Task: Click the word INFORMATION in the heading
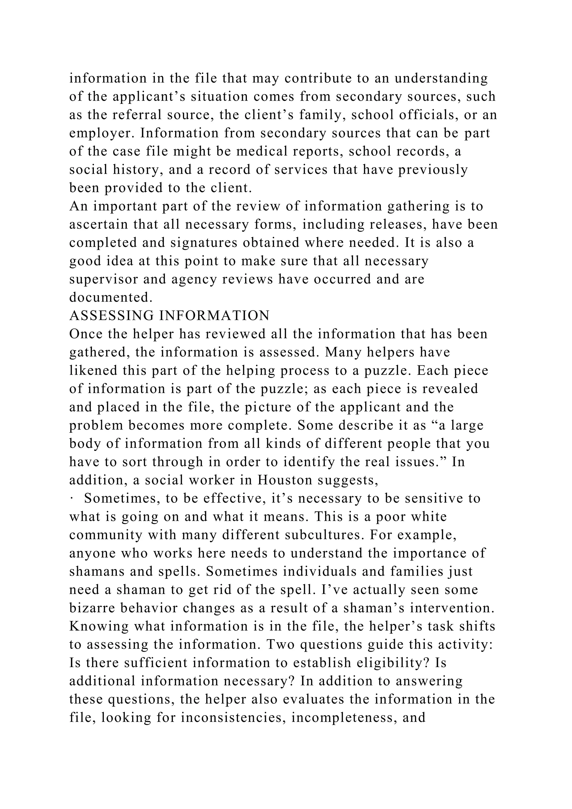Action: tap(214, 316)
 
